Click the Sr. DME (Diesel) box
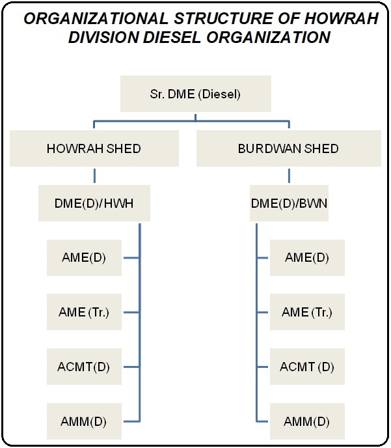(x=195, y=94)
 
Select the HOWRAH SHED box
(x=94, y=148)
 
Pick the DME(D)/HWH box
(x=94, y=203)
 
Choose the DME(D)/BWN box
(x=289, y=203)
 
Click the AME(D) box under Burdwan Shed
(x=307, y=257)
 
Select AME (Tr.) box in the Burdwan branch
(x=307, y=312)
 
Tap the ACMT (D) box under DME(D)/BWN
(x=307, y=367)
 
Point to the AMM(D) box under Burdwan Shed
(x=307, y=421)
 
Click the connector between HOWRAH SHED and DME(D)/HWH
(x=94, y=176)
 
